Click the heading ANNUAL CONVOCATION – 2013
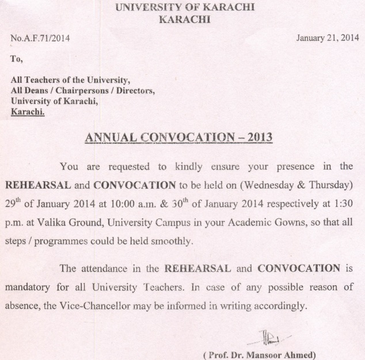coord(178,138)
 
